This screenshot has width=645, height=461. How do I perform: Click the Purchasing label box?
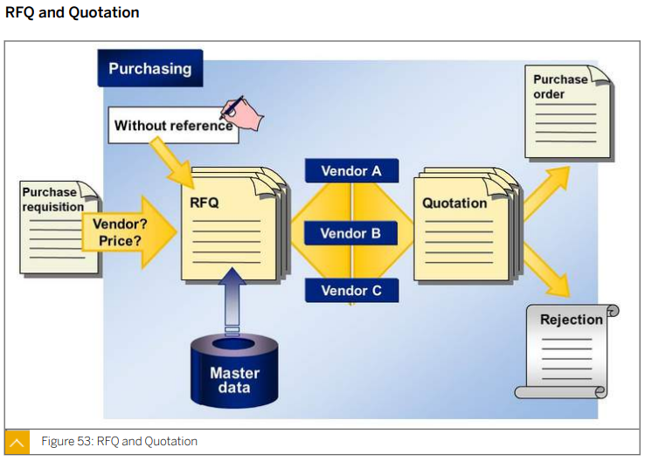150,68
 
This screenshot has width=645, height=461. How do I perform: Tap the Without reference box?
173,126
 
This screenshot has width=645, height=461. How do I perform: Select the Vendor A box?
351,170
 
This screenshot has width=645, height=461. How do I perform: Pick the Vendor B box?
350,233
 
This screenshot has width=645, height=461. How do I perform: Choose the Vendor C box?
351,291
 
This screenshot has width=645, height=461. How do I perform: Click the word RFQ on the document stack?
205,203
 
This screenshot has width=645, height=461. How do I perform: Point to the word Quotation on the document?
454,203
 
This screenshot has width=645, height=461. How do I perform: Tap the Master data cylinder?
234,371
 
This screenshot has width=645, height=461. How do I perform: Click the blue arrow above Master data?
232,300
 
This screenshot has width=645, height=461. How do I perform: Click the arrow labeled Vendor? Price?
129,232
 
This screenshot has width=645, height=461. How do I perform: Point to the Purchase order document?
568,112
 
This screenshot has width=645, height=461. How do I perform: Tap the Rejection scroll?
567,351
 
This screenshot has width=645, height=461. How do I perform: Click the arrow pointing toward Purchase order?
546,193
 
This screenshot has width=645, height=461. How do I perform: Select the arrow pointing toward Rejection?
546,269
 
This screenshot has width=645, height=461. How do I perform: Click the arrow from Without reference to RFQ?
172,162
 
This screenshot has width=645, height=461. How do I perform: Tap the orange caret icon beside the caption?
17,442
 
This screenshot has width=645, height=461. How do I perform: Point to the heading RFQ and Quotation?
73,12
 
